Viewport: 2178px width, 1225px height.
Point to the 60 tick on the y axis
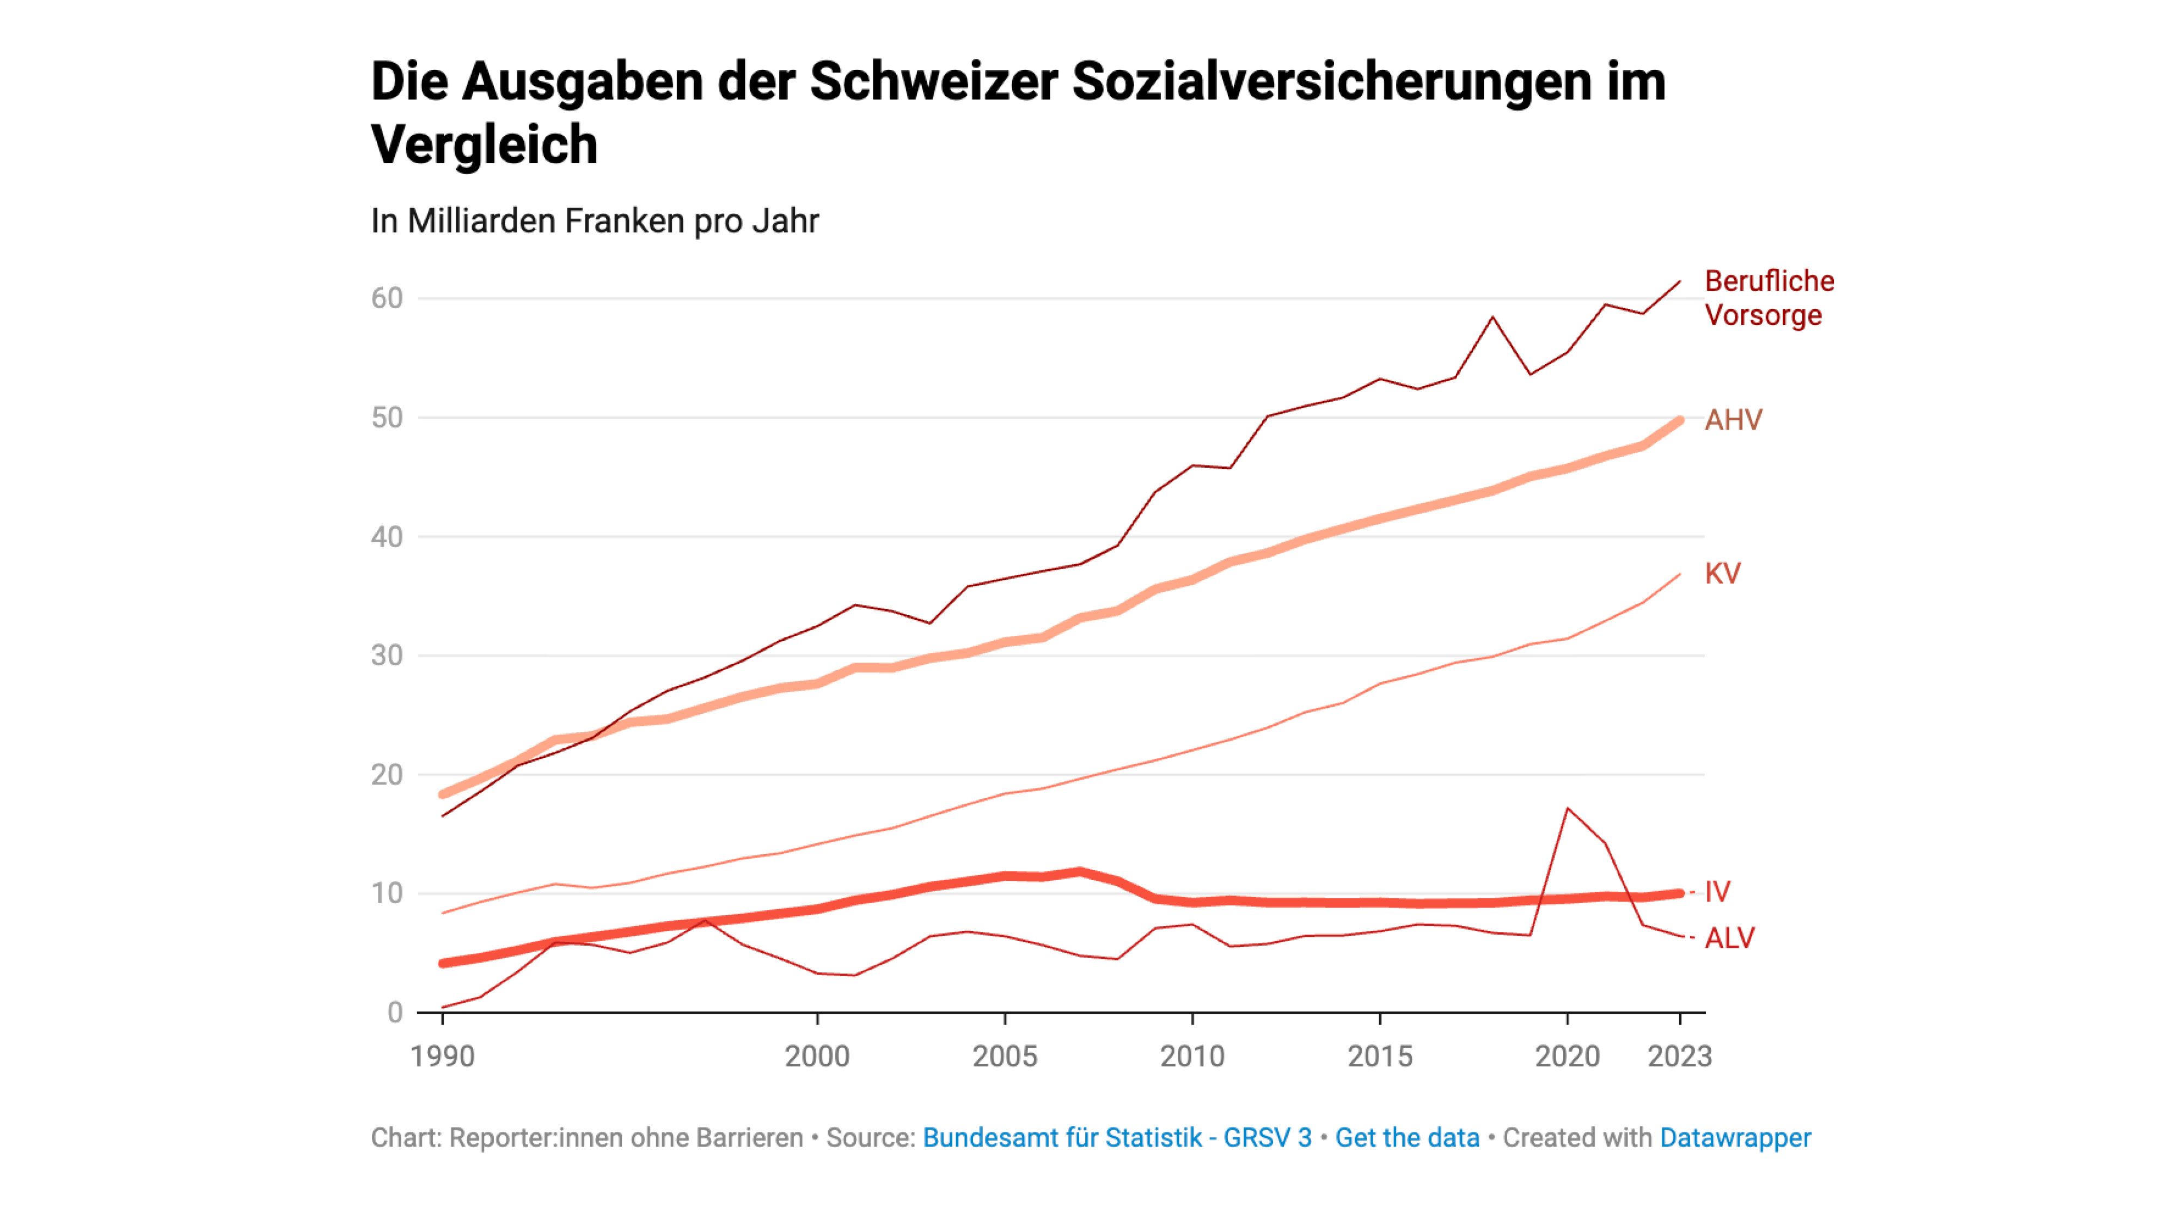[x=387, y=298]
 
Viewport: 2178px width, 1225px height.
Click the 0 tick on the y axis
[x=395, y=1012]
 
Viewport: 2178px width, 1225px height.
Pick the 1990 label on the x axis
[x=442, y=1056]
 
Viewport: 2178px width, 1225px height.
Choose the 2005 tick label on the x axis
[x=1005, y=1056]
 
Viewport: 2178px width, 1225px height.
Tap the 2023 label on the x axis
[x=1679, y=1056]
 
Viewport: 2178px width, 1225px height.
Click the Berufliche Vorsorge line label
[x=1768, y=298]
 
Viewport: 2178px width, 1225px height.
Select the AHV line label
[x=1733, y=420]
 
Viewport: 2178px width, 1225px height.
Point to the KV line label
[x=1722, y=574]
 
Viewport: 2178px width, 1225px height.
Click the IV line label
[x=1717, y=891]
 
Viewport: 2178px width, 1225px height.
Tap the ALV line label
[x=1729, y=938]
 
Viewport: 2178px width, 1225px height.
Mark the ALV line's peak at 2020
[x=1568, y=808]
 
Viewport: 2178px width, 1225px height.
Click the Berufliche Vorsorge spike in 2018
[x=1493, y=318]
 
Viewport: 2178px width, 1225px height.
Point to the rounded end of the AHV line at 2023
[x=1679, y=421]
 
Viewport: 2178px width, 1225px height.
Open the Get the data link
[x=1407, y=1138]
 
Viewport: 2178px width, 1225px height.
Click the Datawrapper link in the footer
[x=1735, y=1138]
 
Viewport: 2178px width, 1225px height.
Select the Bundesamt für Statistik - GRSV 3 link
[x=1117, y=1138]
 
